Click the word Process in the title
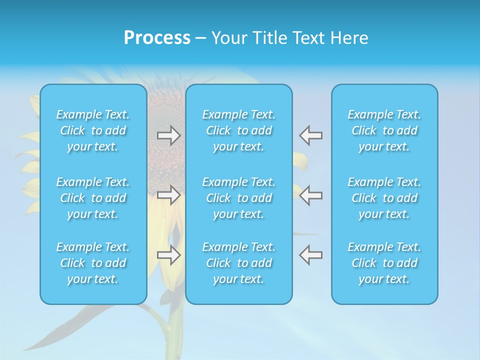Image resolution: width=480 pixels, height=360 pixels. [157, 38]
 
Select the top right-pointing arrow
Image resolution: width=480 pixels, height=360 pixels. [168, 135]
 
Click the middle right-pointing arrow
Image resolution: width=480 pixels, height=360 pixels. [168, 195]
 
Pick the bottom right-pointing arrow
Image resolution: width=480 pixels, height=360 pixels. [168, 255]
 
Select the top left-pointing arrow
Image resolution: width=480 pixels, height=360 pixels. [311, 135]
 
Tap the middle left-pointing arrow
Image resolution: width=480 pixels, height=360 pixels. [311, 195]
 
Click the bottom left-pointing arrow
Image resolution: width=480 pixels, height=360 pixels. [311, 255]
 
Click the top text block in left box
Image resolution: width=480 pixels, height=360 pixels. [93, 130]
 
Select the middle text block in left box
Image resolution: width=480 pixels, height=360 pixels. [93, 198]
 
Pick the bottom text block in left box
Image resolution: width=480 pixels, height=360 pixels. [93, 263]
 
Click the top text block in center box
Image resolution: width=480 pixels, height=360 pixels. [238, 130]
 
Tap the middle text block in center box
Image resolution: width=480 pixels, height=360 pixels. [238, 198]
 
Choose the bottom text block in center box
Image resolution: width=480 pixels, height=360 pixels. [238, 263]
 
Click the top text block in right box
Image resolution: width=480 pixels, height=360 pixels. [384, 130]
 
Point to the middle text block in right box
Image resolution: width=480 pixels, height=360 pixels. [384, 198]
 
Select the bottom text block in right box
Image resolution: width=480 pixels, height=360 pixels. [384, 263]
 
